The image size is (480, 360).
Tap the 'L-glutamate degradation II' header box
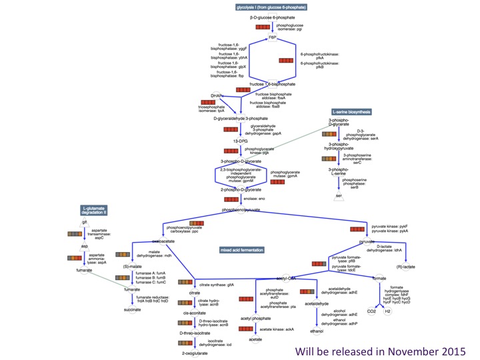tap(95, 209)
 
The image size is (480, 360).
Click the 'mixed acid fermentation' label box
tap(242, 250)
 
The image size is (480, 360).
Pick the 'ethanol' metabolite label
tap(317, 330)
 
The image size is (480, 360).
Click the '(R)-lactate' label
tap(406, 267)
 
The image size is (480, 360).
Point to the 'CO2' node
tap(372, 311)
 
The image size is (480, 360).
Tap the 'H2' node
tap(387, 311)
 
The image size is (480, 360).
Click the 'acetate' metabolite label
tap(255, 339)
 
